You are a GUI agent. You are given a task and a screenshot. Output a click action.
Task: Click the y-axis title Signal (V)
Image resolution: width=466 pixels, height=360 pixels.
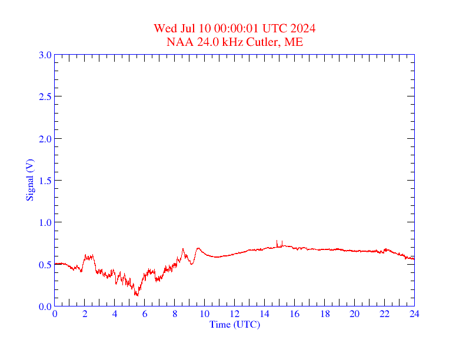[29, 181]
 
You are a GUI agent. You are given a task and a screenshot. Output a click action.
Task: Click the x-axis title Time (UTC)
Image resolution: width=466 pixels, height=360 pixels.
[234, 324]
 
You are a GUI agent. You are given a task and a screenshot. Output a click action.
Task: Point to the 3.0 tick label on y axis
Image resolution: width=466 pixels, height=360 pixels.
[45, 55]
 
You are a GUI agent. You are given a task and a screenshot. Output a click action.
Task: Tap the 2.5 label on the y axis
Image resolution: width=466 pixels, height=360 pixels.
[45, 96]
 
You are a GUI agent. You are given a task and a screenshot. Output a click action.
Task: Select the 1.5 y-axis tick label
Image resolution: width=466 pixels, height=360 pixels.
[45, 181]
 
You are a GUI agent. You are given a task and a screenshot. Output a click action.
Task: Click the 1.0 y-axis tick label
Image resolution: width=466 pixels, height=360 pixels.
[45, 222]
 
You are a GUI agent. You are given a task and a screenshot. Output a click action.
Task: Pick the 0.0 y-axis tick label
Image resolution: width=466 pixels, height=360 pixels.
[45, 306]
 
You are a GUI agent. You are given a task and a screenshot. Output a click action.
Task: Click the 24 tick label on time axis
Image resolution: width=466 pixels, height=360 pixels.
[414, 315]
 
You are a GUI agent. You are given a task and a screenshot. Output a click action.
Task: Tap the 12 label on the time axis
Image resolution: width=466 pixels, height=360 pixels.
[235, 315]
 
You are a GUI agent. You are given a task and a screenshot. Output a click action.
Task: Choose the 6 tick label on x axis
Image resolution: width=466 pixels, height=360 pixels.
[145, 315]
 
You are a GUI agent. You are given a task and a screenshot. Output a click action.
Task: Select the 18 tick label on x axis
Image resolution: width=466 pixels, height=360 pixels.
[324, 315]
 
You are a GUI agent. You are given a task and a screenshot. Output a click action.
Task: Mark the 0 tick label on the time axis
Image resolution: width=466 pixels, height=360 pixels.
[55, 315]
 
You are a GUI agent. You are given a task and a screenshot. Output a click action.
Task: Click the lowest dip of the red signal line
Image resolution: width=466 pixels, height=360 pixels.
[137, 294]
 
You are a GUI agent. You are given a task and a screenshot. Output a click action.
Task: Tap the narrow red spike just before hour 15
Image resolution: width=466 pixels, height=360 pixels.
[277, 242]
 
